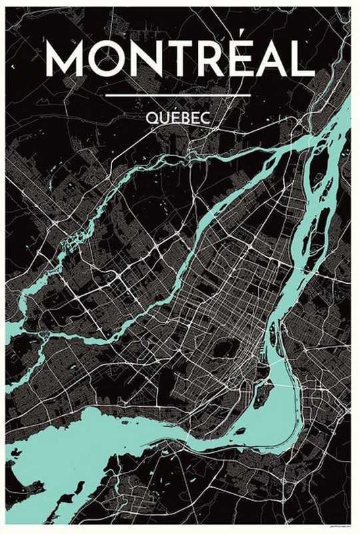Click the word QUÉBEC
179,117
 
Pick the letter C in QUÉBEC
207,117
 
